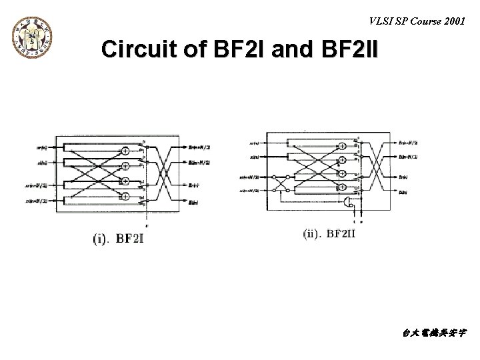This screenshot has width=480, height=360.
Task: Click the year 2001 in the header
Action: tap(453, 19)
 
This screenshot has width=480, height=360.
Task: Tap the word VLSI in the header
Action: tap(381, 19)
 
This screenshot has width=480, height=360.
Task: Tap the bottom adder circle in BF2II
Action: tap(341, 189)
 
